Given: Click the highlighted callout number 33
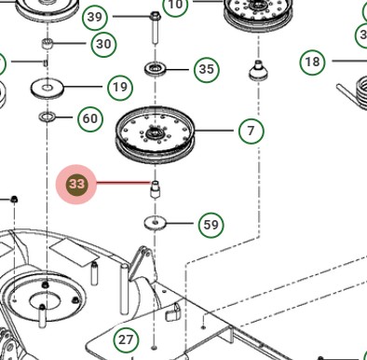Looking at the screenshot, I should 76,185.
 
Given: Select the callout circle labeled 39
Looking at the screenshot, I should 94,17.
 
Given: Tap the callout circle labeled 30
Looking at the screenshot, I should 103,44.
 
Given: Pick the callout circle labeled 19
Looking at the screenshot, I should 119,88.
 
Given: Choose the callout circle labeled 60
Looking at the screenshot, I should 89,118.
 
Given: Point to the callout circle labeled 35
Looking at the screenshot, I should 207,69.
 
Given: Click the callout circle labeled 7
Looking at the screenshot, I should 251,131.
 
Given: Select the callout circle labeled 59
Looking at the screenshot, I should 211,224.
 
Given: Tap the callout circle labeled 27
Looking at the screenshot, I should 126,339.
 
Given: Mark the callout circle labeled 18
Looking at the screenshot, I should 312,62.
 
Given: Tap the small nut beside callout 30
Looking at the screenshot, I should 47,45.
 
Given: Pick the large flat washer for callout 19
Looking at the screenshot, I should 46,89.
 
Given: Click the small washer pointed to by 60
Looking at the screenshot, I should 46,118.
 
